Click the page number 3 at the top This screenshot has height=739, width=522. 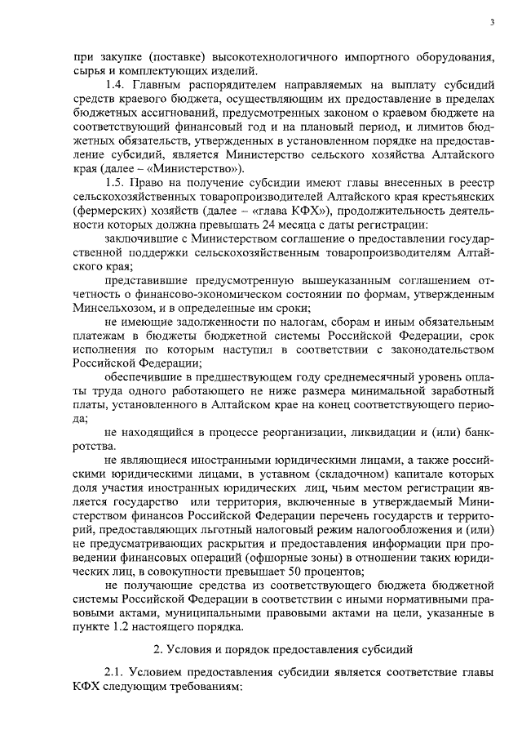(x=493, y=22)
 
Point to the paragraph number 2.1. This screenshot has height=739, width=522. (x=116, y=671)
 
